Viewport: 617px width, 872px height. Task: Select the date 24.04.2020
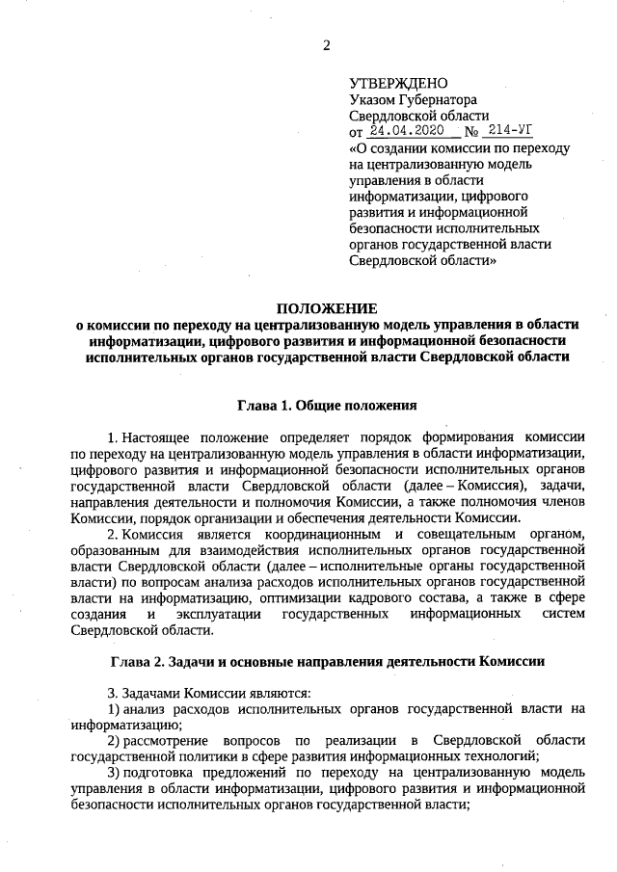pyautogui.click(x=397, y=131)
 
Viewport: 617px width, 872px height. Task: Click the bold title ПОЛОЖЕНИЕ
pyautogui.click(x=327, y=308)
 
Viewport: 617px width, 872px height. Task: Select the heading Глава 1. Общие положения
pyautogui.click(x=327, y=405)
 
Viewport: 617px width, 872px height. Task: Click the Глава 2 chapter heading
pyautogui.click(x=327, y=662)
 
